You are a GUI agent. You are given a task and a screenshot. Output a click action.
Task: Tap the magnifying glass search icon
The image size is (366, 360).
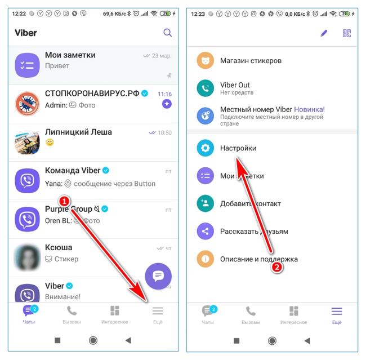coord(167,33)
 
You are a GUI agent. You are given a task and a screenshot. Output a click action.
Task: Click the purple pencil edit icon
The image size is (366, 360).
coord(324,33)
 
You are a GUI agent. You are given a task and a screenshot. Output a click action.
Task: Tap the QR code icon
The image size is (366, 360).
coord(347,33)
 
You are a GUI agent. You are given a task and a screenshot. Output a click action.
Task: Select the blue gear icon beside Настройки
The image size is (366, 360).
coord(205,148)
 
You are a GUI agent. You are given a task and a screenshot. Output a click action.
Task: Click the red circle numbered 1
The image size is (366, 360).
coord(64,201)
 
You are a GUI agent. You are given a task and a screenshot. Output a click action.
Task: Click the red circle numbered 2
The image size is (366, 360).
coord(277,267)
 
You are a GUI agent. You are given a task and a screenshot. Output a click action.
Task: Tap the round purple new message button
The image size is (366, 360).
coord(158,276)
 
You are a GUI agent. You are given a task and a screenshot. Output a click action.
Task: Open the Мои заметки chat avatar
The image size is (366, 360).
coord(28,65)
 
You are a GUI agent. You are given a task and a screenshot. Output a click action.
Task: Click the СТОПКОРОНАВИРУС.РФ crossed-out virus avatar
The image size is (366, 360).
coord(28,104)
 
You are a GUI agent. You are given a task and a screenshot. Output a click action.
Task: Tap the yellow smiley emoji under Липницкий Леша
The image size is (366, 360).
coord(50,142)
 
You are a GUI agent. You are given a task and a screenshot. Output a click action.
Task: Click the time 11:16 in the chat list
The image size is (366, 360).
coord(164,94)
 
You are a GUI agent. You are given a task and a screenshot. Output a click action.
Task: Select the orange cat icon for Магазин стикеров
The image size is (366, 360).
coord(205,61)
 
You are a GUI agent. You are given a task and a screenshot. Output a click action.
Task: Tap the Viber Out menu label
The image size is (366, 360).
coord(235,85)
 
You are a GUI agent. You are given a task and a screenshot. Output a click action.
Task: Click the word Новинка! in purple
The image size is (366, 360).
coord(309,109)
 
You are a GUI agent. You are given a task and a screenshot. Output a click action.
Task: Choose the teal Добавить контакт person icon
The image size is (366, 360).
coord(205,203)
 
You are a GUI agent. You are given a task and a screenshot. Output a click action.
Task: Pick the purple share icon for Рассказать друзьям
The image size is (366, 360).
coord(205,232)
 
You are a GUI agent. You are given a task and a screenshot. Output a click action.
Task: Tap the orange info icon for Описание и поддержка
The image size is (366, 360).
coord(205,259)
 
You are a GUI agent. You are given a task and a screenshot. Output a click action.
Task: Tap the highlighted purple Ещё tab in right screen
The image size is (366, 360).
coord(337,315)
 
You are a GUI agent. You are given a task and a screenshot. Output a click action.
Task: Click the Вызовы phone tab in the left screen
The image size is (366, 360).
coord(72,315)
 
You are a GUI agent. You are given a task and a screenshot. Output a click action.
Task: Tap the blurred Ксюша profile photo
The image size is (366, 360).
coord(28,257)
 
